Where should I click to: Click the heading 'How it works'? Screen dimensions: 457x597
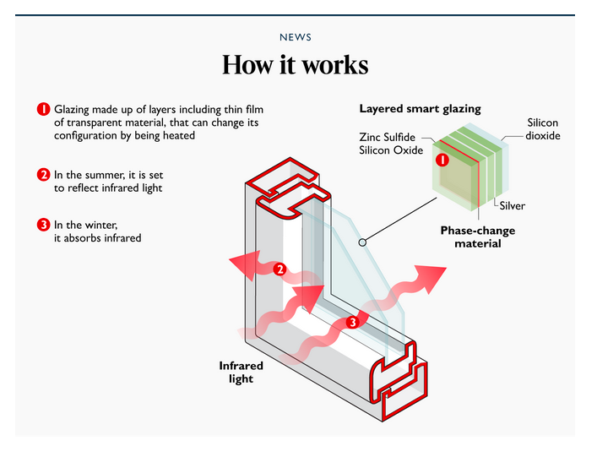tap(296, 65)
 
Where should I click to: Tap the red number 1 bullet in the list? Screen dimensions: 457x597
tap(43, 110)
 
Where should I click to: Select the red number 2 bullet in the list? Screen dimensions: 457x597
tap(43, 175)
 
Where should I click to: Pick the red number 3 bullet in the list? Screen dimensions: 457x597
tap(43, 225)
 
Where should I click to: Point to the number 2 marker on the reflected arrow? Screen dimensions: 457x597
tap(280, 270)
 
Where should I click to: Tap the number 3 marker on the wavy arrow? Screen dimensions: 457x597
tap(353, 322)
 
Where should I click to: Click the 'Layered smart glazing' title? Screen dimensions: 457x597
tap(420, 109)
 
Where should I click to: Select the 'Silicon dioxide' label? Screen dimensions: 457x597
tap(542, 129)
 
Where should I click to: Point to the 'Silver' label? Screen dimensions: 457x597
tap(512, 205)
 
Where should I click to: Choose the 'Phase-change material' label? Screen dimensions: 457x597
tap(477, 237)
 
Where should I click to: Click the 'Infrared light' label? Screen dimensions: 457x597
tap(242, 373)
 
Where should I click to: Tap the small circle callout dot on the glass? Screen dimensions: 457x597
tap(361, 242)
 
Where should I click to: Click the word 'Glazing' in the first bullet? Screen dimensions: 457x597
tap(74, 110)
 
